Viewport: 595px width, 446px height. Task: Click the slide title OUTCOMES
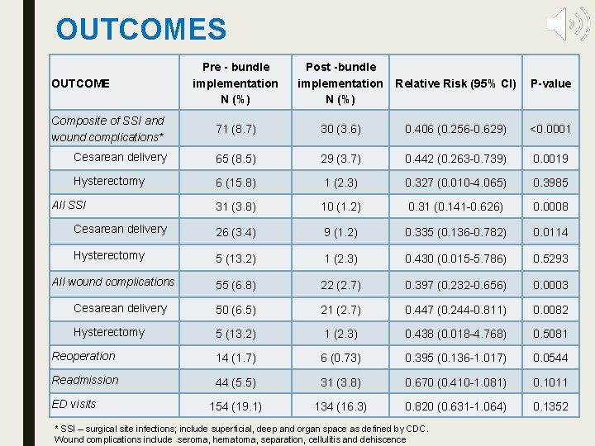coord(140,30)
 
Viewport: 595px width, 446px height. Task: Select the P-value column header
coord(550,83)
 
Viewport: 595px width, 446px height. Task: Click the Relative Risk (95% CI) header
coord(455,83)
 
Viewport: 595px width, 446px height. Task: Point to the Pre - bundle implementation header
coord(236,83)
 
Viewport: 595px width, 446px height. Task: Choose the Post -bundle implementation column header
coord(340,83)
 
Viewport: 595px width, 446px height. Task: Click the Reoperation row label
coord(83,356)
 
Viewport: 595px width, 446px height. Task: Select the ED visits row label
coord(74,404)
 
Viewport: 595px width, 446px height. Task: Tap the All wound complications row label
coord(113,282)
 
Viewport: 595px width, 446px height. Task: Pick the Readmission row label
coord(85,380)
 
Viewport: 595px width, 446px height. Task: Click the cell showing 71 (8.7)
coord(236,130)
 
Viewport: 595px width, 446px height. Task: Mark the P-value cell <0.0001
coord(550,130)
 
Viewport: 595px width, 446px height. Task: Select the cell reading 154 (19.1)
coord(236,407)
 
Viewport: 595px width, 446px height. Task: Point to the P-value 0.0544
coord(550,358)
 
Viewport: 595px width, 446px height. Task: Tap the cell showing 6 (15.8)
coord(236,183)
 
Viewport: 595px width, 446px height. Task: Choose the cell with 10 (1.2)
coord(340,207)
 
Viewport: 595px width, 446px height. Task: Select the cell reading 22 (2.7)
coord(340,285)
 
